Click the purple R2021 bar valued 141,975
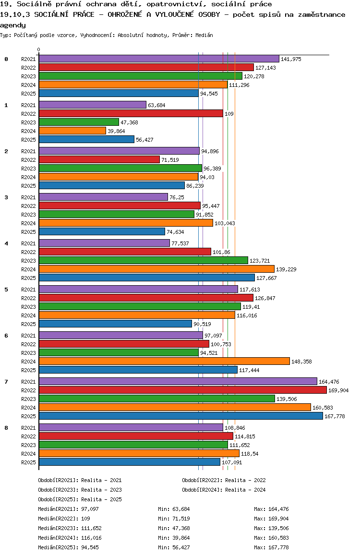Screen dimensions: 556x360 coord(158,59)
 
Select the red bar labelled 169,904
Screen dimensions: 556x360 coord(182,390)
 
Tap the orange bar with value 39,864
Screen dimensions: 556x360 coord(72,131)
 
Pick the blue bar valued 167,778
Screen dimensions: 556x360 coord(180,416)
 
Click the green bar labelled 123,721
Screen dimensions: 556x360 coord(143,260)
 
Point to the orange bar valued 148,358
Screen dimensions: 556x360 coord(164,361)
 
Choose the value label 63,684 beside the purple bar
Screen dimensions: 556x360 coord(157,105)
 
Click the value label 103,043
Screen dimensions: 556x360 coord(225,223)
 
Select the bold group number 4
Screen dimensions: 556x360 coord(6,243)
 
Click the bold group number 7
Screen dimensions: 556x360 coord(6,382)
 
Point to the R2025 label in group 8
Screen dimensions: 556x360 coord(29,462)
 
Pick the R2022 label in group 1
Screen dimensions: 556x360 coord(29,114)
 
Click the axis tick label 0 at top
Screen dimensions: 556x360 coord(39,50)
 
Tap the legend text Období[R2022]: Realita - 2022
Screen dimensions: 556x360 coord(224,480)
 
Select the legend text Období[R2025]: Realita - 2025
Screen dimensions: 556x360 coord(80,499)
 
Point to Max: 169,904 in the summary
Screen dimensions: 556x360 coord(271,519)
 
